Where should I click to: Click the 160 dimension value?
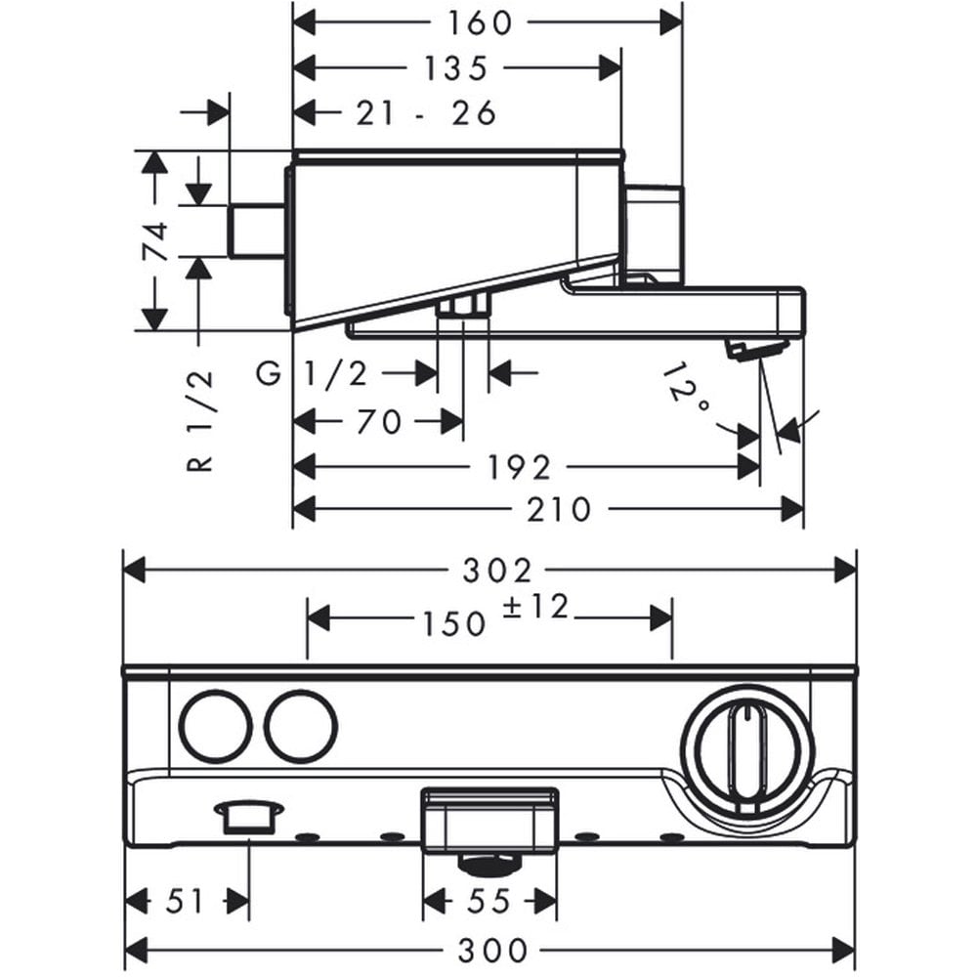pyautogui.click(x=480, y=23)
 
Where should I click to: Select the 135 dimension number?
pyautogui.click(x=455, y=68)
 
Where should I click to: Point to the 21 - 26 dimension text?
pyautogui.click(x=426, y=113)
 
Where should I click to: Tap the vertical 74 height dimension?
pyautogui.click(x=156, y=240)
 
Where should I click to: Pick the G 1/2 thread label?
pyautogui.click(x=312, y=374)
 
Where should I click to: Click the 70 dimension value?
pyautogui.click(x=379, y=422)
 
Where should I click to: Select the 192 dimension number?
pyautogui.click(x=519, y=468)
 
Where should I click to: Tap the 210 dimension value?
pyautogui.click(x=558, y=510)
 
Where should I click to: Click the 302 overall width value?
pyautogui.click(x=497, y=571)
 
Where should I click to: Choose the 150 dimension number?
pyautogui.click(x=454, y=623)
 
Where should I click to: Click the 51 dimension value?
pyautogui.click(x=185, y=901)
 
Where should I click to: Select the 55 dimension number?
pyautogui.click(x=489, y=901)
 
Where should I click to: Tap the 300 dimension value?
pyautogui.click(x=492, y=951)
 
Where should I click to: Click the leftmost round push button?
pyautogui.click(x=216, y=727)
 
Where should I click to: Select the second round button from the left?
pyautogui.click(x=300, y=727)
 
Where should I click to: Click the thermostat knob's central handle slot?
pyautogui.click(x=744, y=758)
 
